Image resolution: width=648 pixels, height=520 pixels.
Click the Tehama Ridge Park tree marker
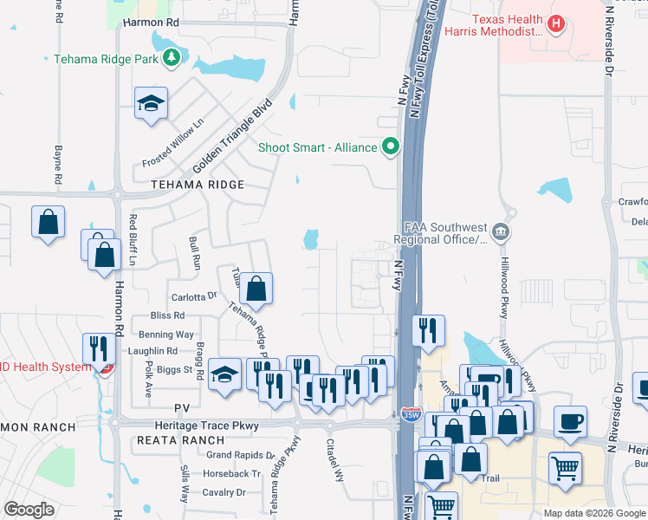point(172,58)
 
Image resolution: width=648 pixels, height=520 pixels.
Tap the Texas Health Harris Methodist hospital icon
point(557,24)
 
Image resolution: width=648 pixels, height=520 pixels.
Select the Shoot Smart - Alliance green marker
point(391,146)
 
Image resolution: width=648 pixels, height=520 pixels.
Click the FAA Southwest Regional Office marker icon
point(501,231)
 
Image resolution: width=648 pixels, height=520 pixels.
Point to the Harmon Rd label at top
point(151,21)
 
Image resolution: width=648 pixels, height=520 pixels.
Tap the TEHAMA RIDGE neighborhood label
point(198,185)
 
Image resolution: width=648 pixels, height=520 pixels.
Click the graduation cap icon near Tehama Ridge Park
point(151,103)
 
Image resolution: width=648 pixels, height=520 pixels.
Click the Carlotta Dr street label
point(193,296)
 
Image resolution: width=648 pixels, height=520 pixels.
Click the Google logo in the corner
point(29,510)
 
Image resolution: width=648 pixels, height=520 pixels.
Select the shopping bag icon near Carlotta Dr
point(256,288)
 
